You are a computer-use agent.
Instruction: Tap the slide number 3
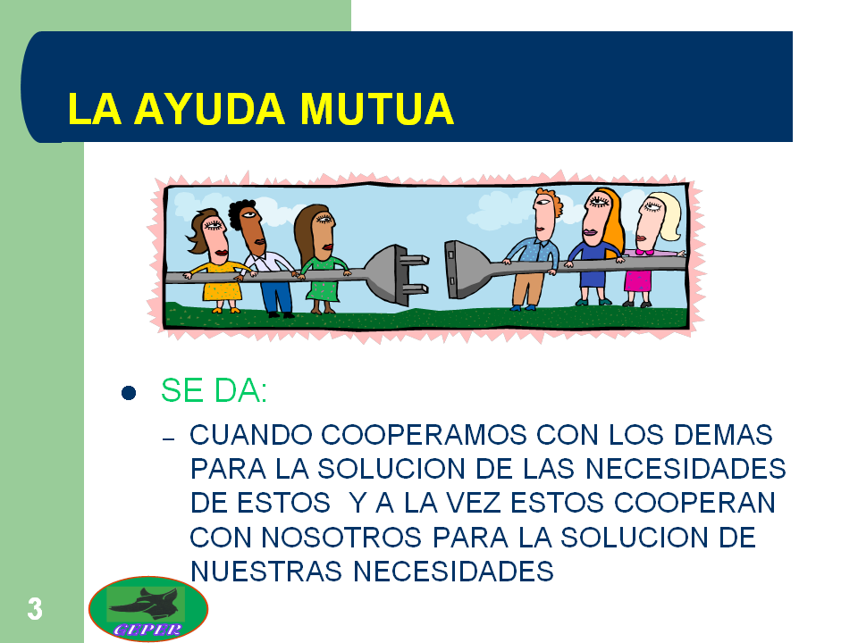pos(34,609)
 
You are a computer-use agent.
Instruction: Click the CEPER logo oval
pos(148,609)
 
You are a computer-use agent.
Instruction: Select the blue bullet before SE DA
pos(129,393)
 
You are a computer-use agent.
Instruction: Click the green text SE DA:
pos(214,391)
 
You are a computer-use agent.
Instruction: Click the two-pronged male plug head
pos(393,274)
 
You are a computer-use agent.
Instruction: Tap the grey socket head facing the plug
pos(464,269)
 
